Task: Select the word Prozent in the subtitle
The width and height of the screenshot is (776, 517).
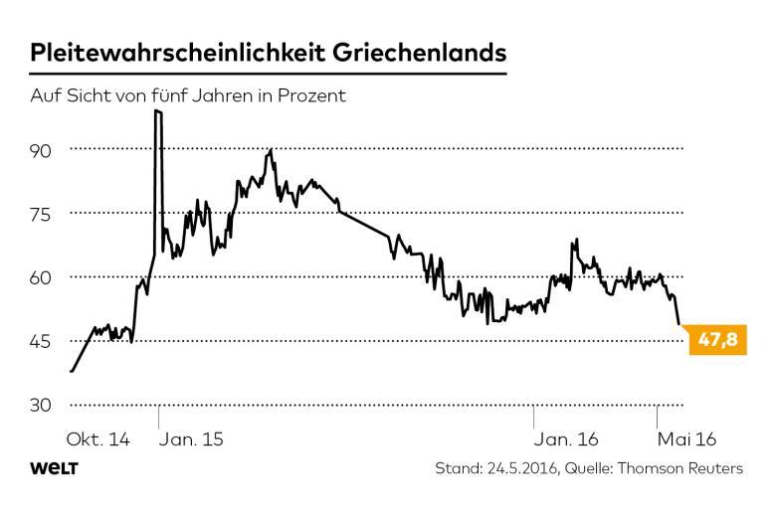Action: pos(310,97)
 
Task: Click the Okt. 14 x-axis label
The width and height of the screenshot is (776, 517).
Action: pos(98,438)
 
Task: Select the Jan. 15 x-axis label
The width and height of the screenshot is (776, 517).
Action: pos(192,438)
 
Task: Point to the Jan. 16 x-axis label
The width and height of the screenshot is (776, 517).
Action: pos(566,438)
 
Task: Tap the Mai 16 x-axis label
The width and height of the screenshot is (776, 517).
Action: pos(685,438)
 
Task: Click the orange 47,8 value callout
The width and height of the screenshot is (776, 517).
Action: pos(716,341)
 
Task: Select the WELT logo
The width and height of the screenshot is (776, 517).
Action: pos(55,468)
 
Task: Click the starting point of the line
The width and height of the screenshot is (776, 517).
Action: pos(72,371)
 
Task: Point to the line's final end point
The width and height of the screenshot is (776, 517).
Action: pos(679,324)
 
